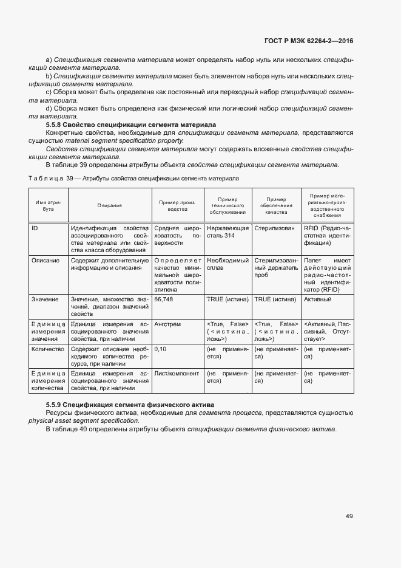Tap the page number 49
(349, 516)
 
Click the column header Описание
(109, 206)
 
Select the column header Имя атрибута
(49, 206)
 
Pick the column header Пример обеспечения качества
(276, 206)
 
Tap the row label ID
(35, 228)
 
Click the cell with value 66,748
(164, 299)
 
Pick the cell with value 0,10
(161, 350)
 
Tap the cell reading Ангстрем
(168, 325)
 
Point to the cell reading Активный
(317, 299)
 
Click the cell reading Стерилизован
(275, 228)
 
